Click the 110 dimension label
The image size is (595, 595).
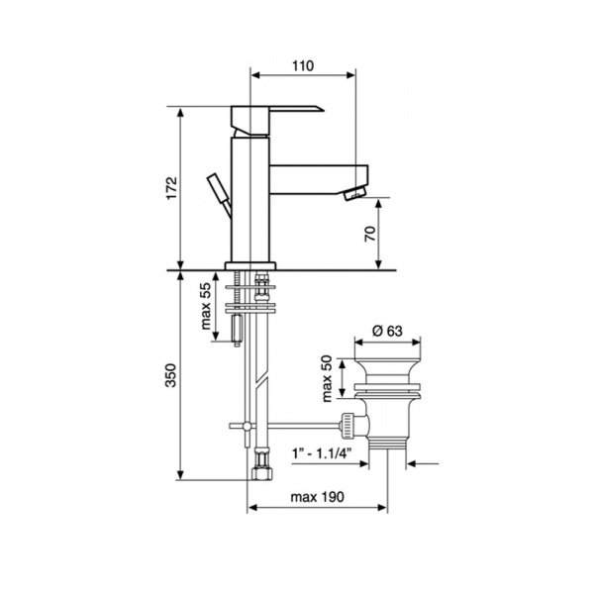point(303,66)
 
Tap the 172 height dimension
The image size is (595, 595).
point(172,187)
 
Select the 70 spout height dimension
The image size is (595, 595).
point(370,234)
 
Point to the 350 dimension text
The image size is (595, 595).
point(170,375)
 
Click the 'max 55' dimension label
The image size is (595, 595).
point(206,306)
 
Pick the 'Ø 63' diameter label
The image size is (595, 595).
point(387,331)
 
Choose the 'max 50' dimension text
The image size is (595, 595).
point(327,378)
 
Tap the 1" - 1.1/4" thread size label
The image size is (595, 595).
point(322,453)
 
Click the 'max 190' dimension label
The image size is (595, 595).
point(317,497)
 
